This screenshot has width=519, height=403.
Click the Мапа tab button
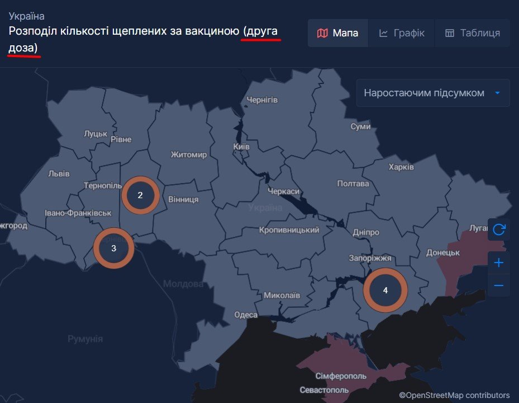click(x=337, y=33)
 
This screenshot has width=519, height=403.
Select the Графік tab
click(x=401, y=33)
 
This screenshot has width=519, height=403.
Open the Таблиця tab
click(x=472, y=33)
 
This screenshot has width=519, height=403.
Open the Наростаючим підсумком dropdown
click(x=433, y=93)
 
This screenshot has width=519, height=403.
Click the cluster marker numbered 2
click(x=140, y=195)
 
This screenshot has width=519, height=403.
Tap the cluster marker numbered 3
click(x=114, y=248)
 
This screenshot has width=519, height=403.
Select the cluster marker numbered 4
click(x=385, y=290)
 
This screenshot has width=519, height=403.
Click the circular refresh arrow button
click(x=498, y=229)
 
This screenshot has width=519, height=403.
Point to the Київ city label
click(x=241, y=146)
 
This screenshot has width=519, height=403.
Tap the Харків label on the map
click(x=401, y=167)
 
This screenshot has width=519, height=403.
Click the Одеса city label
click(x=246, y=315)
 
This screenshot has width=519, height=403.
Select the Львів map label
click(x=59, y=174)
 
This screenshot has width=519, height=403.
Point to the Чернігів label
click(x=262, y=100)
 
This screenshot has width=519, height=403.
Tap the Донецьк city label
click(x=442, y=252)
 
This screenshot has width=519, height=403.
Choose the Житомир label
click(x=189, y=154)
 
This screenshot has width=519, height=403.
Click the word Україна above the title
click(x=27, y=16)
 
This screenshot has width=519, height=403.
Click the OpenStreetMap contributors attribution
click(x=454, y=395)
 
